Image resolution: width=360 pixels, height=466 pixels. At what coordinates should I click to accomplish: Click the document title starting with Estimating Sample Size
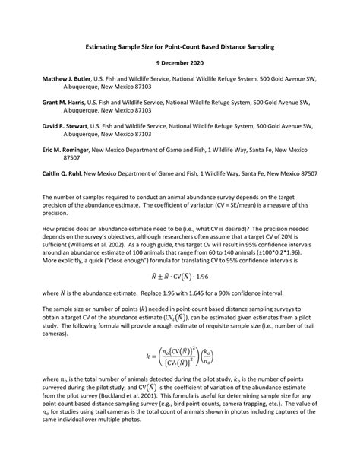(x=179, y=48)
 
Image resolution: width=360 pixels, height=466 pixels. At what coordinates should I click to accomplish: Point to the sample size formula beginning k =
(x=179, y=355)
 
